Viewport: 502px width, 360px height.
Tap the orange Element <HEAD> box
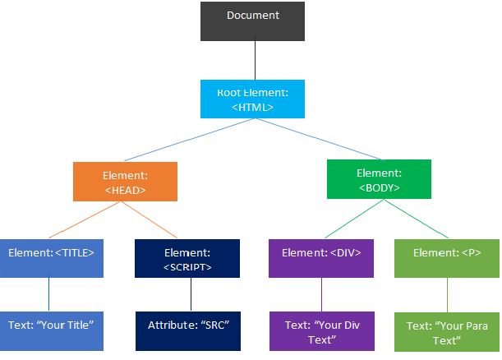pyautogui.click(x=125, y=182)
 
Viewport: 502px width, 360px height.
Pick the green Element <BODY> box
pyautogui.click(x=378, y=179)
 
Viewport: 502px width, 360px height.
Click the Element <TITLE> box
pyautogui.click(x=52, y=258)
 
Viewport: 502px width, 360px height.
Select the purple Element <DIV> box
pyautogui.click(x=321, y=258)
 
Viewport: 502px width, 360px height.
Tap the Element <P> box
pyautogui.click(x=446, y=258)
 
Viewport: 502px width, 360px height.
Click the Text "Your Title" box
pyautogui.click(x=52, y=330)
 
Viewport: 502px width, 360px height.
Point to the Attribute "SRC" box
pyautogui.click(x=188, y=330)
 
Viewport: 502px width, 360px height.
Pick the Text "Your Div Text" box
pyautogui.click(x=321, y=331)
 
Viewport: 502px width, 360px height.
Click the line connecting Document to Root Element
pyautogui.click(x=255, y=60)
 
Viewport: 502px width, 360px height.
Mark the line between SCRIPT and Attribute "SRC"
pyautogui.click(x=191, y=294)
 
